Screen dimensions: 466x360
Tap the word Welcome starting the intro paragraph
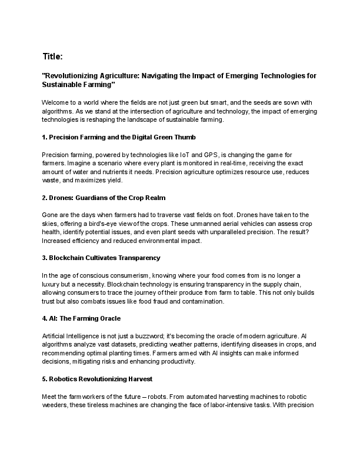(58, 102)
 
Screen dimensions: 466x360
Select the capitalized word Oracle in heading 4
(107, 318)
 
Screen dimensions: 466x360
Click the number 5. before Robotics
(45, 379)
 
